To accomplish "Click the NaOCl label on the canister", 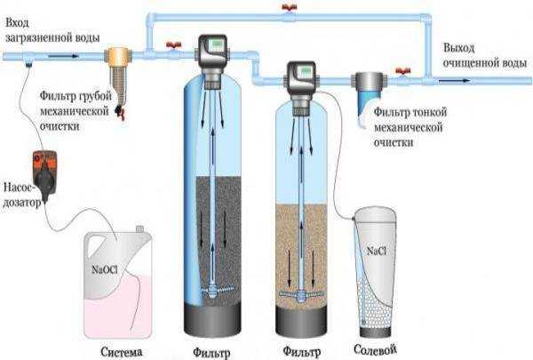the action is coord(105,270).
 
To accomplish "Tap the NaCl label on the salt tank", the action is coord(377,252).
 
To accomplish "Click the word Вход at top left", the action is coord(18,23).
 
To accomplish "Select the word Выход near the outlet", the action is coord(459,48).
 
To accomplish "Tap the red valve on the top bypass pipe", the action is coord(290,7).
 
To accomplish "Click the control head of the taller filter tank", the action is coord(213,56).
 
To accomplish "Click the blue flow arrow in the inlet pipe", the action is coord(64,56).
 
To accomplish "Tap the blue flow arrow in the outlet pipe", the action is coord(454,81).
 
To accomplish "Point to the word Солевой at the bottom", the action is coord(375,349).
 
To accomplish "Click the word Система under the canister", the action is coord(122,352).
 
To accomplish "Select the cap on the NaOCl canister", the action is coord(139,228).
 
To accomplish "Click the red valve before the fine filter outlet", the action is coord(403,72).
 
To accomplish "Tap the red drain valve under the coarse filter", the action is coord(120,112).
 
